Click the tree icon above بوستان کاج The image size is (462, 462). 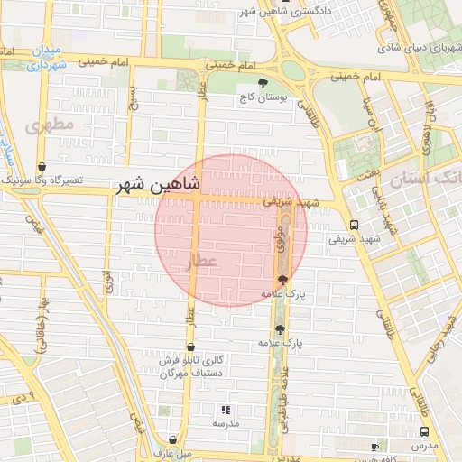click(263, 84)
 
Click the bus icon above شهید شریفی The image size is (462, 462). click(353, 225)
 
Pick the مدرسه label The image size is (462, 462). click(226, 422)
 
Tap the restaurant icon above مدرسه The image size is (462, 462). click(226, 409)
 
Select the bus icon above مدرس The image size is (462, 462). click(375, 447)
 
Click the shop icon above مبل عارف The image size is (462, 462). click(173, 438)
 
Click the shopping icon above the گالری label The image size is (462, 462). click(190, 346)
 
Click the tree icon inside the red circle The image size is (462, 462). click(283, 280)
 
